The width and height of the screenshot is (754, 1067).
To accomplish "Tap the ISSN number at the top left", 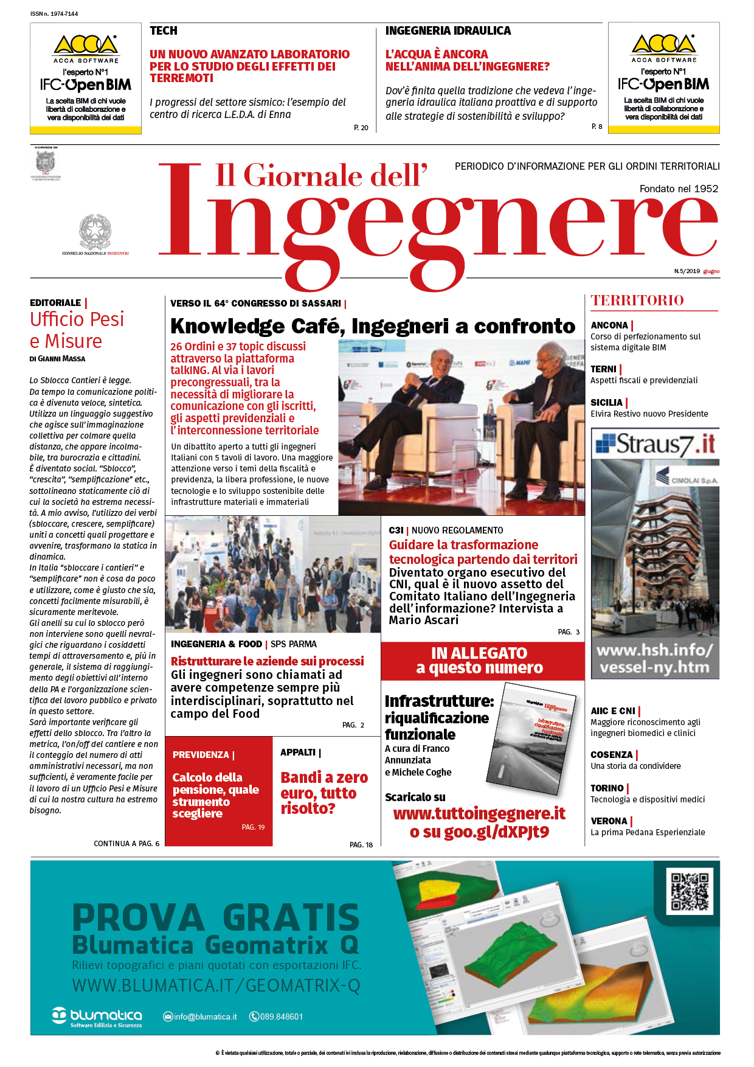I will (54, 13).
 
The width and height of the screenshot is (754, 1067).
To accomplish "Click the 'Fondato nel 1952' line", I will (679, 189).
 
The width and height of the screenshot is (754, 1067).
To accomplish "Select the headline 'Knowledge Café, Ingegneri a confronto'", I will (372, 326).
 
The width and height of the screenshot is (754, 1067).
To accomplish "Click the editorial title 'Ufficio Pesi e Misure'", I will (77, 330).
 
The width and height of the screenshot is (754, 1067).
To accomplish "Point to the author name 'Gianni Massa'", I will (58, 359).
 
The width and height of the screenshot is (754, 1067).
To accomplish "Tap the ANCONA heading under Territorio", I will (609, 325).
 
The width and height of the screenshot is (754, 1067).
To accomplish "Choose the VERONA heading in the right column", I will (609, 821).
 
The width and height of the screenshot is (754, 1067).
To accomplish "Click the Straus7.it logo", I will (655, 444).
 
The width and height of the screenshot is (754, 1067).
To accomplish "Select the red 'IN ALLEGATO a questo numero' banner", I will (480, 661).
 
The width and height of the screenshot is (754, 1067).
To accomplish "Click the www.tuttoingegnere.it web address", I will (479, 814).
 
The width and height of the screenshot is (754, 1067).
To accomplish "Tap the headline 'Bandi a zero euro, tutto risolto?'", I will (324, 793).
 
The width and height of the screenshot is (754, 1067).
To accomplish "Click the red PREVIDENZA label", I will (201, 755).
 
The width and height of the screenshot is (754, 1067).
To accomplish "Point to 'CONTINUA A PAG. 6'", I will (126, 843).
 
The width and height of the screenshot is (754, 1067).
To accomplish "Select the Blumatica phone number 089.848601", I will (281, 1017).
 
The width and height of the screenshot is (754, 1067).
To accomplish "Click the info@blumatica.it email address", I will (205, 1017).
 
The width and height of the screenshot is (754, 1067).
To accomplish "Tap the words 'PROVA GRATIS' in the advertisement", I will (216, 917).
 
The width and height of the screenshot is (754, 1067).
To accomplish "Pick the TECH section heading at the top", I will (164, 30).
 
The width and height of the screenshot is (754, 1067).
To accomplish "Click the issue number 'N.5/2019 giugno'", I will (696, 271).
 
